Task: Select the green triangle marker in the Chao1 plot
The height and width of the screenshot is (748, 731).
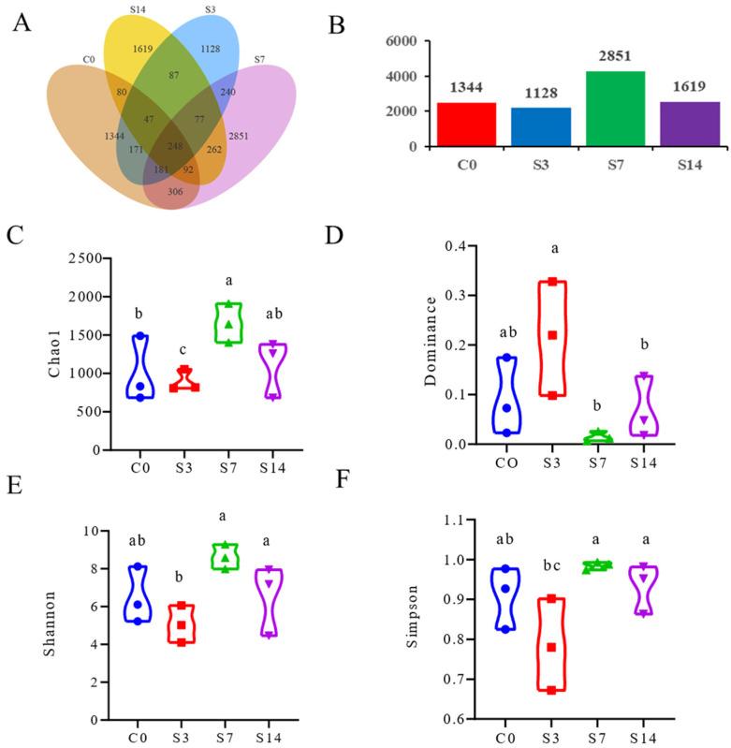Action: [228, 324]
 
